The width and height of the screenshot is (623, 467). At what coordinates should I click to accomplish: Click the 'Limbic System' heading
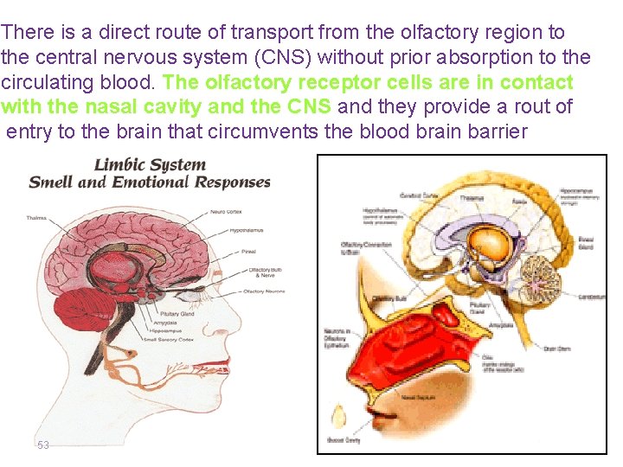pyautogui.click(x=150, y=165)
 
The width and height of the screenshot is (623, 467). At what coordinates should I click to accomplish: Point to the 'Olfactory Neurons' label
pyautogui.click(x=264, y=291)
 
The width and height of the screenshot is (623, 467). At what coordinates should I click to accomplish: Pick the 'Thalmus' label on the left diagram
pyautogui.click(x=35, y=217)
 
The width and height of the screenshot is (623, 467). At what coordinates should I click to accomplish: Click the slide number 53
pyautogui.click(x=43, y=445)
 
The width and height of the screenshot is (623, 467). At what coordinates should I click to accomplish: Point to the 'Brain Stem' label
pyautogui.click(x=555, y=349)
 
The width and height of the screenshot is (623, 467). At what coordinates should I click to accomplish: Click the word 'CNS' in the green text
pyautogui.click(x=312, y=106)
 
